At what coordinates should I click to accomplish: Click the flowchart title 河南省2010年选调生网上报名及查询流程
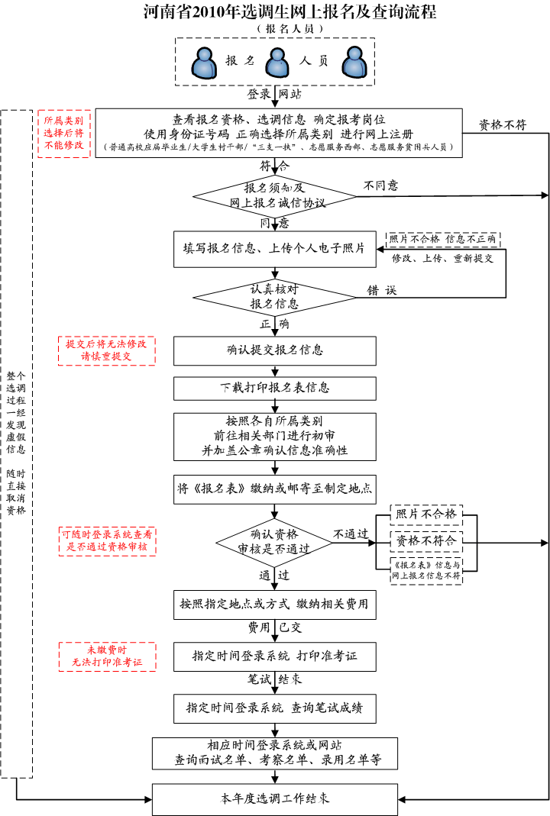point(290,12)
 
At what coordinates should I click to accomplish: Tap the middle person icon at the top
point(276,63)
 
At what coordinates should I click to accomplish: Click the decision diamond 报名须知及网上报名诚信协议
point(274,195)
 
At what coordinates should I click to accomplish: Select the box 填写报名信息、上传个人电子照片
point(274,248)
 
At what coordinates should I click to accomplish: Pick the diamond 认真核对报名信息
point(274,296)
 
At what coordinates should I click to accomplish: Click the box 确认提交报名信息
point(274,350)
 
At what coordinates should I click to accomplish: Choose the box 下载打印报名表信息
point(274,388)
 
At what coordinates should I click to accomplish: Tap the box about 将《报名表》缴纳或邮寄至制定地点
point(274,489)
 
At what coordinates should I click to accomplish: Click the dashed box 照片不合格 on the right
point(426,514)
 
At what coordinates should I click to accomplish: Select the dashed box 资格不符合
point(426,540)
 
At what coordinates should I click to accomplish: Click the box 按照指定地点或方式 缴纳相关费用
point(274,605)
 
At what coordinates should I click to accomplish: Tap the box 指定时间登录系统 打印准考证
point(274,656)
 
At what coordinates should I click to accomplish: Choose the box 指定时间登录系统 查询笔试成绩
point(274,708)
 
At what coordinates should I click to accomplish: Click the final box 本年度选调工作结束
point(275,799)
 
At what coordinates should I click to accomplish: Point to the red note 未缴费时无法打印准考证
point(107,656)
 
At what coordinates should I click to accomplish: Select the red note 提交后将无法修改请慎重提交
point(107,350)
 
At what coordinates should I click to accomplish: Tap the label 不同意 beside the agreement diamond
point(380,185)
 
